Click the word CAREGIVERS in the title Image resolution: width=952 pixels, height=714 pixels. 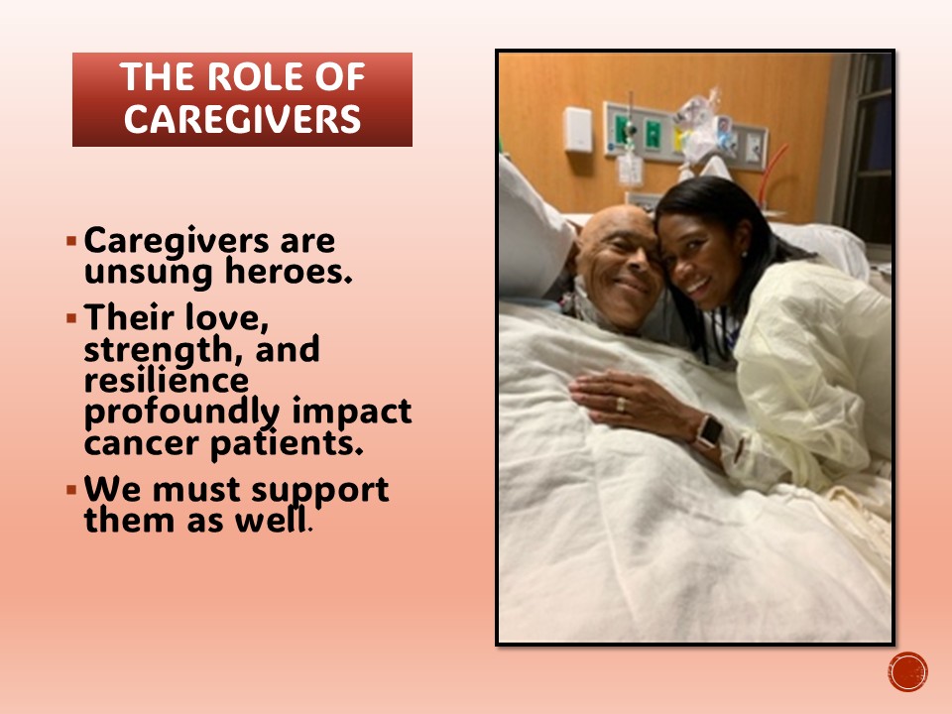(x=242, y=118)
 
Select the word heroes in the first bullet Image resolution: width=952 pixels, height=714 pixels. (x=289, y=271)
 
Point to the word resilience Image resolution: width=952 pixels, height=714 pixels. (x=166, y=380)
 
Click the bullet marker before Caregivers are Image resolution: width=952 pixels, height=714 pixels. (x=71, y=241)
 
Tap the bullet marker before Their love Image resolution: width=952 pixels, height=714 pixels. (x=71, y=317)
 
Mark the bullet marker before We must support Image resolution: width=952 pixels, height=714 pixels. (x=71, y=489)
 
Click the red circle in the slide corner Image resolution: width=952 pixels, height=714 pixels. (x=907, y=672)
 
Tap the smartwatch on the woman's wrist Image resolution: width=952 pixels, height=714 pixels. (x=707, y=431)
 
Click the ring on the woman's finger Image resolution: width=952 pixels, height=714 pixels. (x=620, y=405)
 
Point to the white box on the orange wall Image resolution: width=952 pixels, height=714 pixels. (x=577, y=129)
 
